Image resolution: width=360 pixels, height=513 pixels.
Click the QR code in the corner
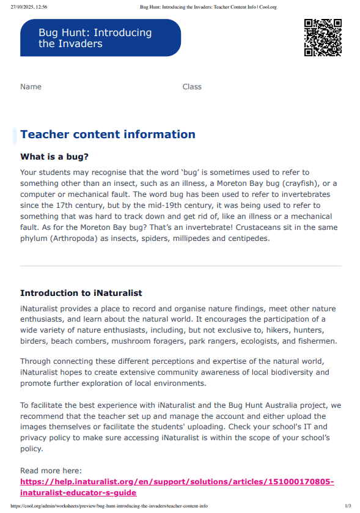323,37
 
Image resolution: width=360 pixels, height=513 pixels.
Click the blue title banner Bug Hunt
100,38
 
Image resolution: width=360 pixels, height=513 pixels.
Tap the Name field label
31,87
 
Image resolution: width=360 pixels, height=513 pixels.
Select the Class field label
192,87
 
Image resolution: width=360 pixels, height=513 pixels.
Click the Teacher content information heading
108,135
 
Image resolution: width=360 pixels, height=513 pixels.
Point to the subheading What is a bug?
54,157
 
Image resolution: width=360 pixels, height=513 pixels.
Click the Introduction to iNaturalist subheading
81,293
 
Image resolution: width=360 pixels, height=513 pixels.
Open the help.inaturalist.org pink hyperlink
177,482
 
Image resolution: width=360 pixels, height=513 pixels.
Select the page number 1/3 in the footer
348,506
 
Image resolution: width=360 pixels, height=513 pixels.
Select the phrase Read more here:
51,471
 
